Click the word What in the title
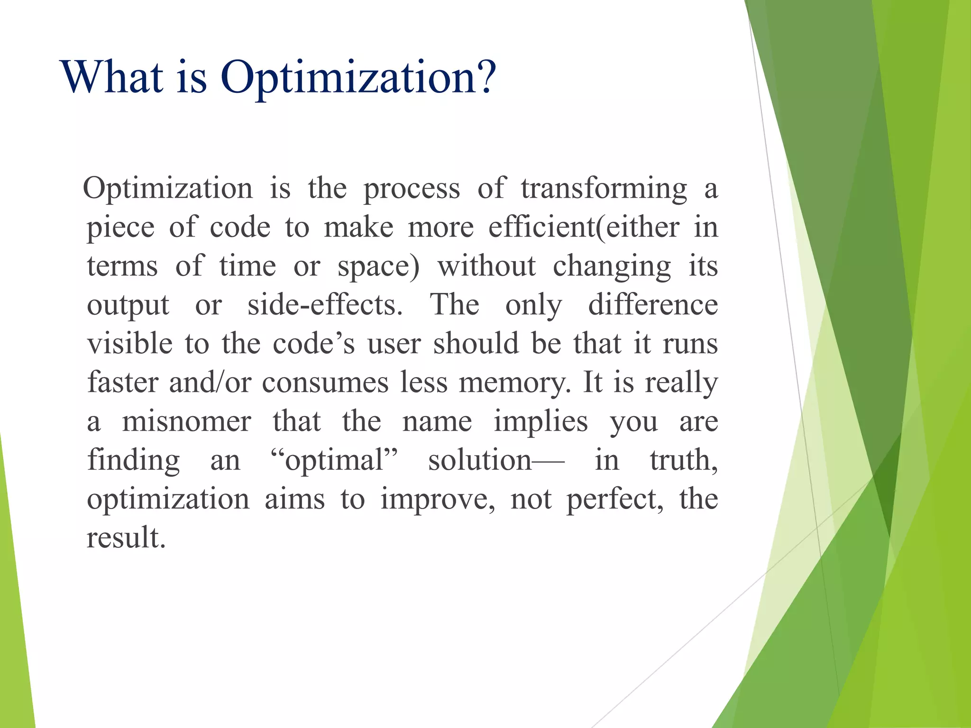pos(112,77)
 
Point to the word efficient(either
pos(584,227)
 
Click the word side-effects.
pos(325,305)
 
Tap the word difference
pos(653,305)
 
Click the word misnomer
pos(186,422)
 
